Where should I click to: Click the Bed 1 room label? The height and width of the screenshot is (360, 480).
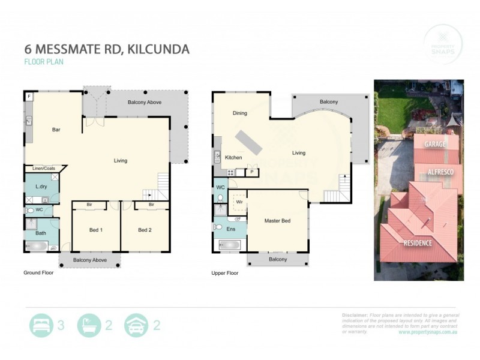pyautogui.click(x=96, y=230)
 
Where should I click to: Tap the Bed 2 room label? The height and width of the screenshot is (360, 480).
pyautogui.click(x=145, y=230)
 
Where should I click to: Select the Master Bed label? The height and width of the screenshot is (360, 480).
pyautogui.click(x=277, y=221)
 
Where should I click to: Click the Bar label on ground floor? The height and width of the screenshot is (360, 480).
pyautogui.click(x=56, y=130)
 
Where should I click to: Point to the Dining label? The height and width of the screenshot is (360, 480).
pyautogui.click(x=239, y=113)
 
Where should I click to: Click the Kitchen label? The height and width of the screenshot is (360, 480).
pyautogui.click(x=233, y=157)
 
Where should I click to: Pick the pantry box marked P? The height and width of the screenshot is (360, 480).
pyautogui.click(x=252, y=172)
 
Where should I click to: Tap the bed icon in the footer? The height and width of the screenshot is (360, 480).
pyautogui.click(x=41, y=326)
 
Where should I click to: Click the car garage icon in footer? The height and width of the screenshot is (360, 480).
pyautogui.click(x=136, y=326)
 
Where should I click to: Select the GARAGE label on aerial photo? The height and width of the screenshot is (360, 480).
pyautogui.click(x=435, y=145)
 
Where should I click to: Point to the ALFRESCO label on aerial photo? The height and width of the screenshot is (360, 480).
pyautogui.click(x=440, y=172)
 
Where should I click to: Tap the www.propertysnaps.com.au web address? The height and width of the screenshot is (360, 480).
pyautogui.click(x=428, y=332)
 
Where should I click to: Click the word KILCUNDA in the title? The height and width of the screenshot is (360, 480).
pyautogui.click(x=157, y=49)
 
